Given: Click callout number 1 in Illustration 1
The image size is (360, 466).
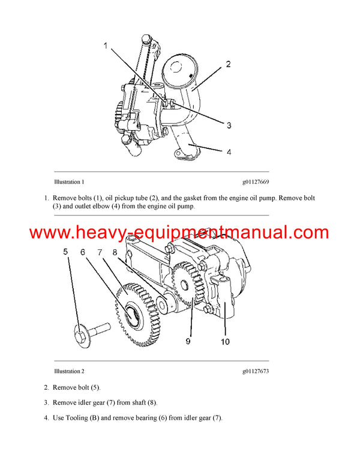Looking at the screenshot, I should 106,45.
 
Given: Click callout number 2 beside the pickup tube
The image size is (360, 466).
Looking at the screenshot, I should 228,64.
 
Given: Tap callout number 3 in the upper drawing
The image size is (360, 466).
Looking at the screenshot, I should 229,125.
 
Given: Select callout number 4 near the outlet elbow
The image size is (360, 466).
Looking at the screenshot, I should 229,152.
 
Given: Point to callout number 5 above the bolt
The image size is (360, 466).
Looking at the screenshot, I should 66,252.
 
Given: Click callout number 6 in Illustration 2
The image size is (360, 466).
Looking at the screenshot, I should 84,252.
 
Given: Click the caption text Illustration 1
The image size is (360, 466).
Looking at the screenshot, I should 69,181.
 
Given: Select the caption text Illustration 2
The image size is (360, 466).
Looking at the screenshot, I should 69,371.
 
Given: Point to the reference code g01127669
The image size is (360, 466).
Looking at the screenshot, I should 256,181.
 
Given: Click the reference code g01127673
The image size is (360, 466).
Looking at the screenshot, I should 256,371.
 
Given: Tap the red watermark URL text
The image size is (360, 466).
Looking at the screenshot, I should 179,232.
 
